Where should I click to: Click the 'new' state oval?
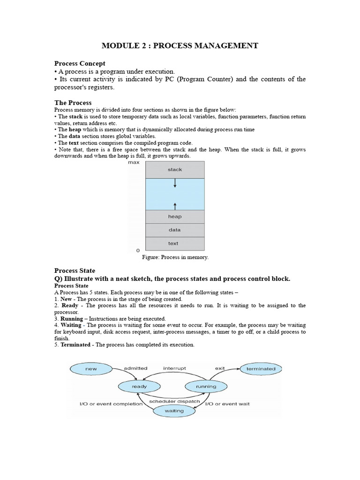pos(91,369)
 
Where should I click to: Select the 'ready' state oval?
pos(139,387)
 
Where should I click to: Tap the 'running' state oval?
pos(206,387)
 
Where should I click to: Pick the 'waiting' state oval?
pos(174,411)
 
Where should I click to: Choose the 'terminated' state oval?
pos(261,369)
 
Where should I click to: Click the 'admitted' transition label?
pos(136,368)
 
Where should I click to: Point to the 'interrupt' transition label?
pos(174,368)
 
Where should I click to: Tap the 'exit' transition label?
pos(220,368)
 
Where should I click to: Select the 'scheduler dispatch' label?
pos(174,402)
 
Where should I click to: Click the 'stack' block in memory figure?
pos(175,170)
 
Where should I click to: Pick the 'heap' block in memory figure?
pos(175,217)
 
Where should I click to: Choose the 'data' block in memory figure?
pos(175,230)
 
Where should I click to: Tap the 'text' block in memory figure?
pos(175,244)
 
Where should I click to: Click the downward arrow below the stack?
pos(175,183)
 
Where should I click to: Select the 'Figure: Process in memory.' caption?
pos(175,257)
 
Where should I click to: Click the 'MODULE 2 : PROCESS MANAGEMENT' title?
pos(180,45)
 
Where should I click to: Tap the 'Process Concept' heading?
pos(80,63)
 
